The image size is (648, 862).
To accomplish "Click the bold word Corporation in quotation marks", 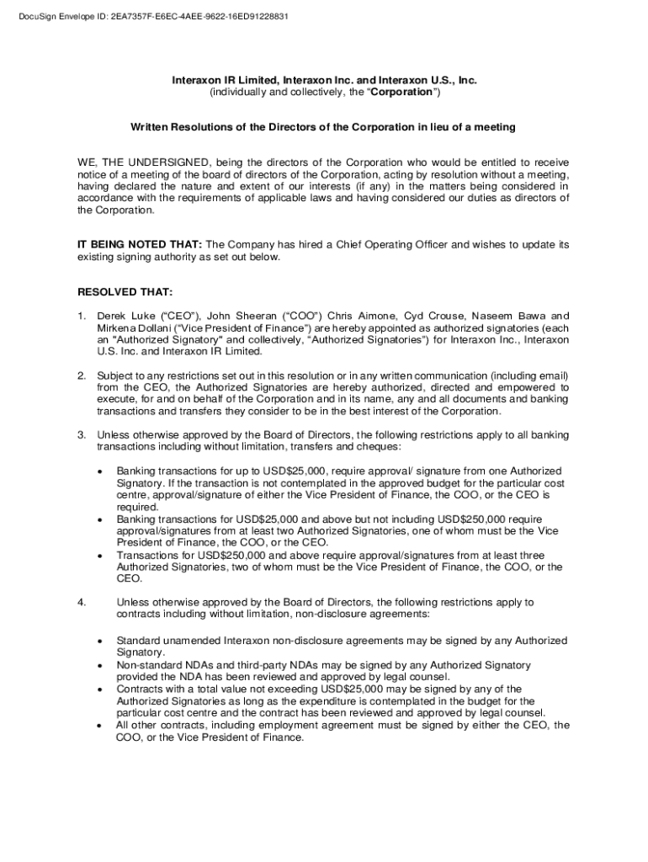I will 403,92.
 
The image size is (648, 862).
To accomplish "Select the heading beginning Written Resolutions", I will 322,127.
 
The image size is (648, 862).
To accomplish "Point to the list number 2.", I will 82,375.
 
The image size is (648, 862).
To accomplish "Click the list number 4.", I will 82,603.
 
